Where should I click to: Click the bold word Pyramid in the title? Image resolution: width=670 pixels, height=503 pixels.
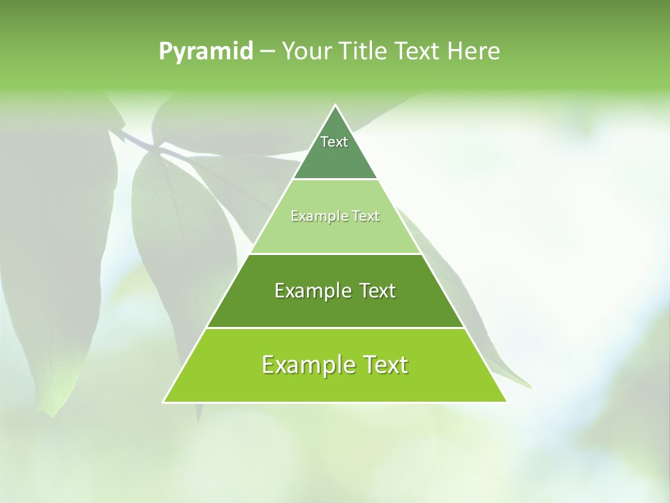pos(206,52)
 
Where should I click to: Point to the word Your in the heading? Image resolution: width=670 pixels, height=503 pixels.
pos(306,52)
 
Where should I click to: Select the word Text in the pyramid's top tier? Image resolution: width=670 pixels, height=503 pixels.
pos(334,142)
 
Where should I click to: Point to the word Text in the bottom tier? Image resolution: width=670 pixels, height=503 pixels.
pos(385,365)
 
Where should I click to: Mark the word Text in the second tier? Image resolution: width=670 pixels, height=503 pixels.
pos(366,217)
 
